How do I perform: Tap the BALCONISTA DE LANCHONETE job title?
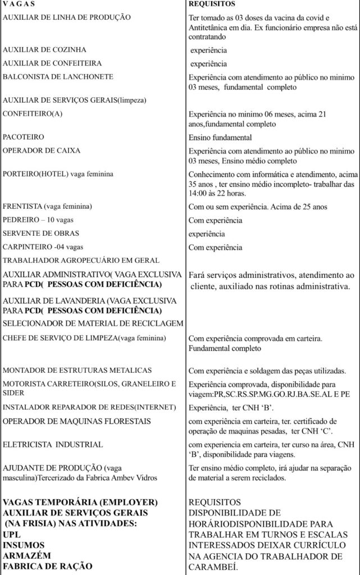[58, 76]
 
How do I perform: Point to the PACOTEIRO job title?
[24, 136]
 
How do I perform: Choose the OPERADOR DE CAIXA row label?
[42, 150]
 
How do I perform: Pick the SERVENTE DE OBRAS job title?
[41, 233]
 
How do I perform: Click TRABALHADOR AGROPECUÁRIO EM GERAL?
[81, 261]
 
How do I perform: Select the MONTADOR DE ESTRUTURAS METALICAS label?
[78, 371]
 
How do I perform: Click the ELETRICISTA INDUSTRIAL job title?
[53, 444]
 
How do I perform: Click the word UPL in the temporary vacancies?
[12, 535]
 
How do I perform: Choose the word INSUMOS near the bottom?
[24, 545]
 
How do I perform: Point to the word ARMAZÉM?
[26, 555]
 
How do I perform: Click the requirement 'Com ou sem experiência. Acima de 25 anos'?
[257, 207]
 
